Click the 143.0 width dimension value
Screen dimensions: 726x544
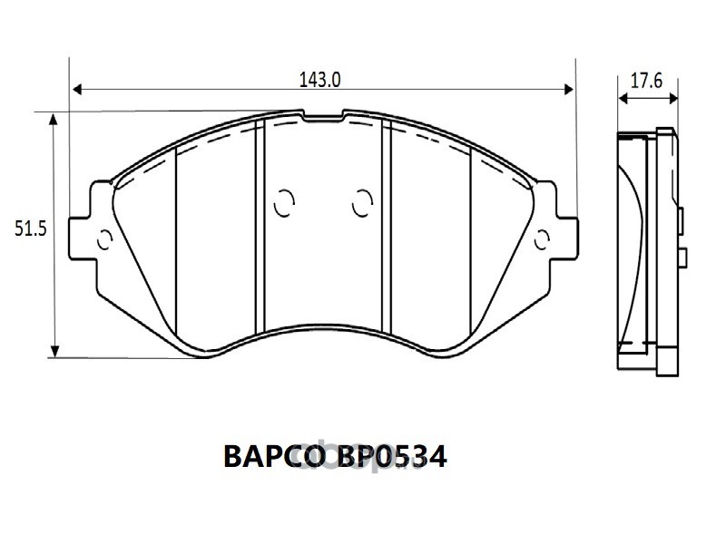pos(320,80)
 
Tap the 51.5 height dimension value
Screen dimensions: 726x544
pos(31,228)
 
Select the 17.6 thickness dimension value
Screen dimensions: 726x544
pos(647,81)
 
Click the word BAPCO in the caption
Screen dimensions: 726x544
pos(272,457)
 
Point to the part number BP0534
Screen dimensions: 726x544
pos(392,457)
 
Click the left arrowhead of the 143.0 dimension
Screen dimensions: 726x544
pos(77,89)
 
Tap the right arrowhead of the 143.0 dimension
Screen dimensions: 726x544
pos(569,89)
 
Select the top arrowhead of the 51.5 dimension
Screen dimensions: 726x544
pos(54,120)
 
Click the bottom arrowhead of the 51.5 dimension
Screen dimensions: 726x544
pos(54,351)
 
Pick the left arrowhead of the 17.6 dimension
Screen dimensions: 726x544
pos(623,99)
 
